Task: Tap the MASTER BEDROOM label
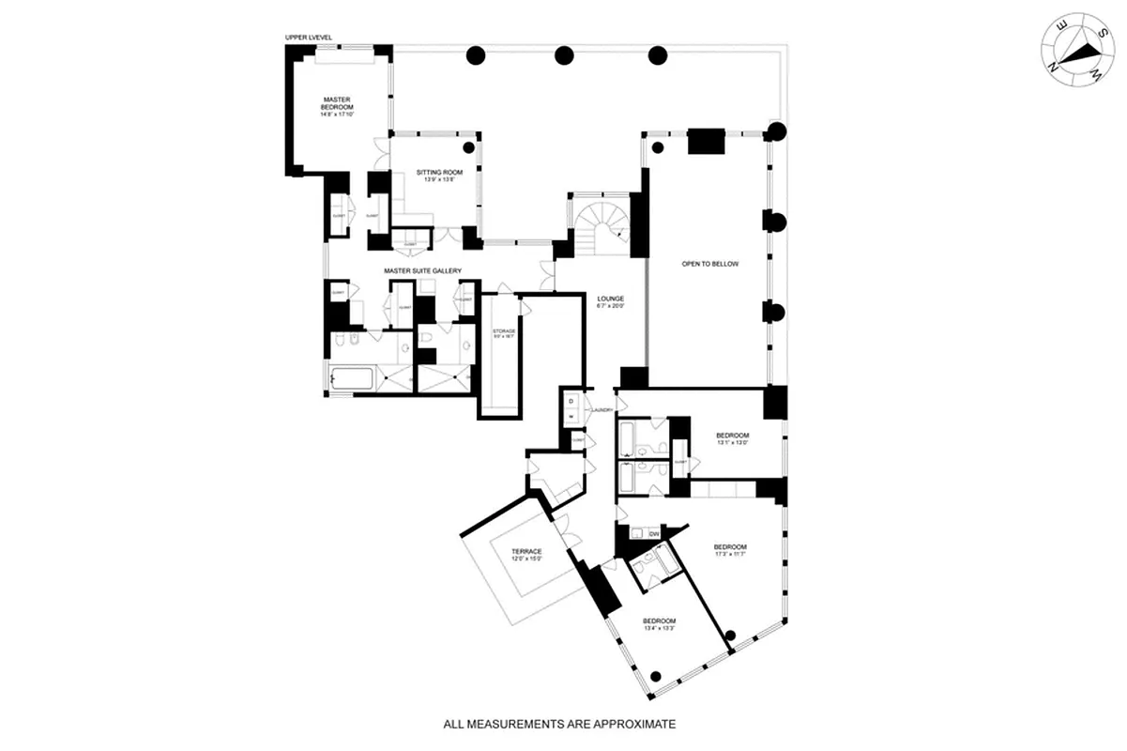click(x=338, y=102)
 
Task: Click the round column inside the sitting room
click(x=468, y=146)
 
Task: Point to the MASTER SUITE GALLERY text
click(x=423, y=271)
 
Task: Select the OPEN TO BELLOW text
click(x=710, y=265)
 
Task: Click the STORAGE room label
click(x=504, y=330)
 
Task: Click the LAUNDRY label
click(x=602, y=410)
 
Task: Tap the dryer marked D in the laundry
click(x=571, y=403)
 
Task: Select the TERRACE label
click(x=526, y=551)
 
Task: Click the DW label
click(x=655, y=534)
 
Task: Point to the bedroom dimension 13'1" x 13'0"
click(x=733, y=443)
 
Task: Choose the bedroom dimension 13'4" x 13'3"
click(x=659, y=629)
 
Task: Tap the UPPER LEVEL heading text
click(x=309, y=38)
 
